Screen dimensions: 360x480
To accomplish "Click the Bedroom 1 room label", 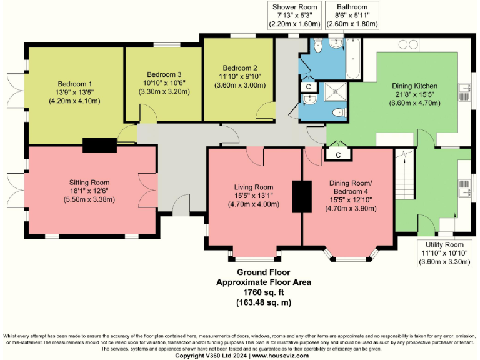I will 75,84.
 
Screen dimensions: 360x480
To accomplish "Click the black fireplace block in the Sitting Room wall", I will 99,145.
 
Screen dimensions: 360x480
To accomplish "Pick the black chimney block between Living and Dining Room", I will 302,196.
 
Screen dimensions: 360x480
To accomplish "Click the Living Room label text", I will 254,187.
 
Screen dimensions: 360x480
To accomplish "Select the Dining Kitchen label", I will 414,86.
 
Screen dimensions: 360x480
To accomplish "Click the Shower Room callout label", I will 295,16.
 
